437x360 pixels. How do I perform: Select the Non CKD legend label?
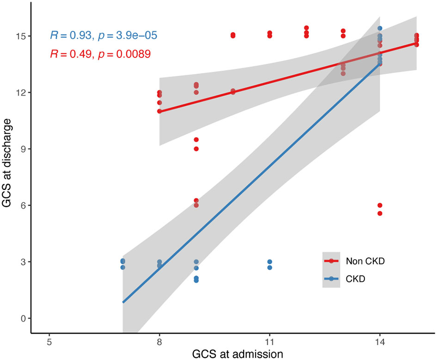click(365, 261)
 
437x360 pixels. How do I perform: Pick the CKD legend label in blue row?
click(356, 279)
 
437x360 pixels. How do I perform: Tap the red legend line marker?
click(331, 261)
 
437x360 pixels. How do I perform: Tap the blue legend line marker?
click(331, 279)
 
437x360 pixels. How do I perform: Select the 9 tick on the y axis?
click(23, 149)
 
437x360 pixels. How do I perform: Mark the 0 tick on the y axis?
click(23, 318)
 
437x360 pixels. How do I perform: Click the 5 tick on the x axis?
click(49, 344)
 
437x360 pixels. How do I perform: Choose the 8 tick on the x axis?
click(160, 344)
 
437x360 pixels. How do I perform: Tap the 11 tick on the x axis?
click(270, 344)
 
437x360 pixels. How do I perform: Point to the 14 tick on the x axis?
click(380, 344)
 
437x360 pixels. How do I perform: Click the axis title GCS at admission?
click(231, 354)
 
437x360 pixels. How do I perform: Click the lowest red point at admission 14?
click(380, 214)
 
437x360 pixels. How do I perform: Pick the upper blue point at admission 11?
click(270, 262)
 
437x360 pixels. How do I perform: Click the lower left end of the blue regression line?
click(123, 302)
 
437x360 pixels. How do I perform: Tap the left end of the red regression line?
click(160, 111)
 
